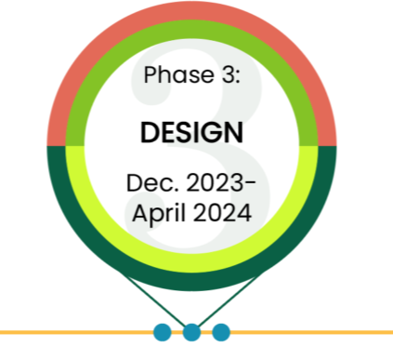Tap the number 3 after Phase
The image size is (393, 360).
click(x=228, y=75)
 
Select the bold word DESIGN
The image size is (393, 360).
click(x=191, y=132)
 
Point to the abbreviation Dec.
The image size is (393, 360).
click(x=147, y=183)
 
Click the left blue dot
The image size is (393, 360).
click(x=162, y=331)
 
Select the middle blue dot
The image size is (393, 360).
click(x=191, y=331)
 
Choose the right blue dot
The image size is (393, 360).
click(x=221, y=331)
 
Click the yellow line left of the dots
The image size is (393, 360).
click(x=74, y=331)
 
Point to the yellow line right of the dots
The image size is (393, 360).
click(x=307, y=331)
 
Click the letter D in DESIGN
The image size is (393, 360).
click(x=150, y=132)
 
